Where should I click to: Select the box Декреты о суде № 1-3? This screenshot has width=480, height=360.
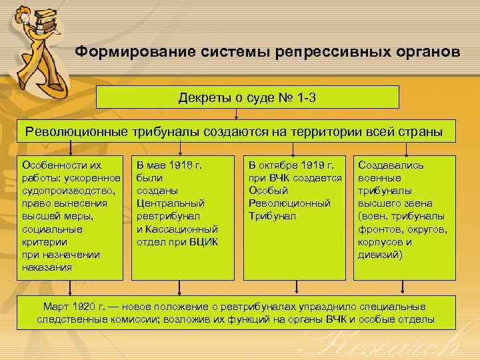[x=247, y=97]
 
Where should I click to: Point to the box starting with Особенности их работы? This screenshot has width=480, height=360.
[x=71, y=217]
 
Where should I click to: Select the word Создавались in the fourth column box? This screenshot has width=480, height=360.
[x=391, y=164]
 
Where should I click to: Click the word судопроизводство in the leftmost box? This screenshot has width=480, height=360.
[x=71, y=190]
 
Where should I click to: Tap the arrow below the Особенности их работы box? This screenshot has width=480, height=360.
[x=71, y=287]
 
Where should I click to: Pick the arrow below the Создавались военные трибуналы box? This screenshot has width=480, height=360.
[x=405, y=287]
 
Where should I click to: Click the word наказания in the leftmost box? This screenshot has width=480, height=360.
[x=47, y=267]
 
